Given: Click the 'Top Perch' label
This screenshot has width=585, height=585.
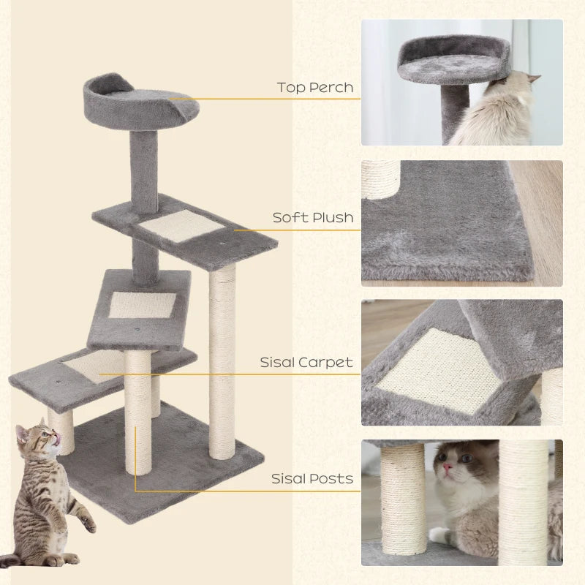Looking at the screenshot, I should (315, 88).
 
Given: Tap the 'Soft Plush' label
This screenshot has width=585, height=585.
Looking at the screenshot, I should (313, 217).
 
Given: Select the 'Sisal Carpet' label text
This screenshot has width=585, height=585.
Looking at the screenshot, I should (306, 362).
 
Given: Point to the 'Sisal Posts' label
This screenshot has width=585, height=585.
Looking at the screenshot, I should (312, 479).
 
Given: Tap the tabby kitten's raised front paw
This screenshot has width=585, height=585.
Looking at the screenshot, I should (88, 522).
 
